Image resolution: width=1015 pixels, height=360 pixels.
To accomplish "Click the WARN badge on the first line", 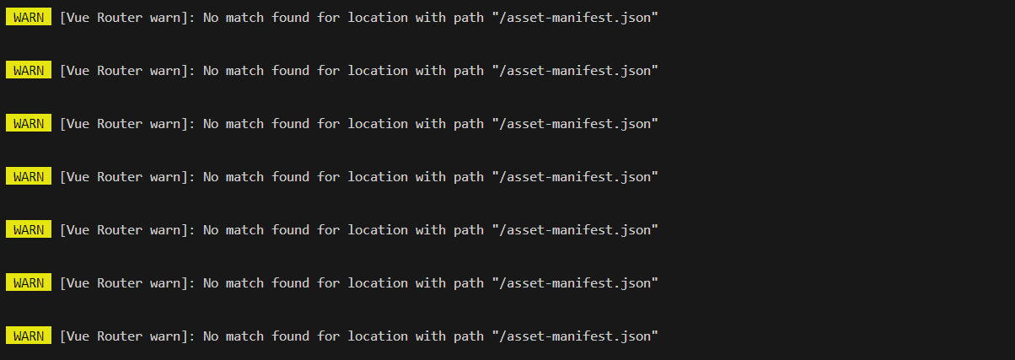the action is pos(29,18).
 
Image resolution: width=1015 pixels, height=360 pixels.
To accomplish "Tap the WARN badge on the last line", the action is pos(29,336).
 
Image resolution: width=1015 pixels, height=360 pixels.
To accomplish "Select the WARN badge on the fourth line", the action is pos(29,176).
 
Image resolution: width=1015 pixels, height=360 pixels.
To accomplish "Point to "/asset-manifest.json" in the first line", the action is pos(575,18).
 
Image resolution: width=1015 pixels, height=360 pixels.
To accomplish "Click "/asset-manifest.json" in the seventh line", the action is pos(575,336).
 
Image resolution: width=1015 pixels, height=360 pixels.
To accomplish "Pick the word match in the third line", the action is pos(244,124).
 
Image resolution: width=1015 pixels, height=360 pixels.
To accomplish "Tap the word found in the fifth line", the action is pos(290,229).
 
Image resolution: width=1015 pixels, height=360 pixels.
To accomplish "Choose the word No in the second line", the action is pos(211,71).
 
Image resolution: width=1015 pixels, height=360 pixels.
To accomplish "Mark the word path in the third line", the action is pos(469,124).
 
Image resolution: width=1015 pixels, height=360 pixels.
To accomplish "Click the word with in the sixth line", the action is pos(431,282).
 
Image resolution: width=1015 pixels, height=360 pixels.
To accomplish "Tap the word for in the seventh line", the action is pos(329,336).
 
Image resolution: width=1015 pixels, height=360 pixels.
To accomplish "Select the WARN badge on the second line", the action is pos(29,71).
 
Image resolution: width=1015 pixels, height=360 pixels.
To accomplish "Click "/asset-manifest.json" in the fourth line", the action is pos(575,176).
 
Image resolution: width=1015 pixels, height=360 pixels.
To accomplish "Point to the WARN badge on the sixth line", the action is pos(29,282).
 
